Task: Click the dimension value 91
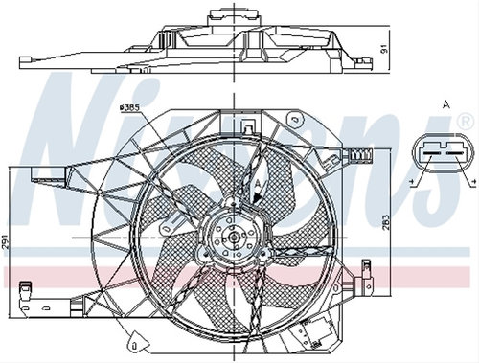point(384,49)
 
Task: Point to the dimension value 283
point(386,222)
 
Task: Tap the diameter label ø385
point(129,107)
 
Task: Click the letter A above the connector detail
point(446,104)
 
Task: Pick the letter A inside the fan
point(259,184)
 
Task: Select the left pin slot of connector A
point(432,154)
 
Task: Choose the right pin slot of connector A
point(455,154)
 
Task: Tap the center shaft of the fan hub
point(234,238)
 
